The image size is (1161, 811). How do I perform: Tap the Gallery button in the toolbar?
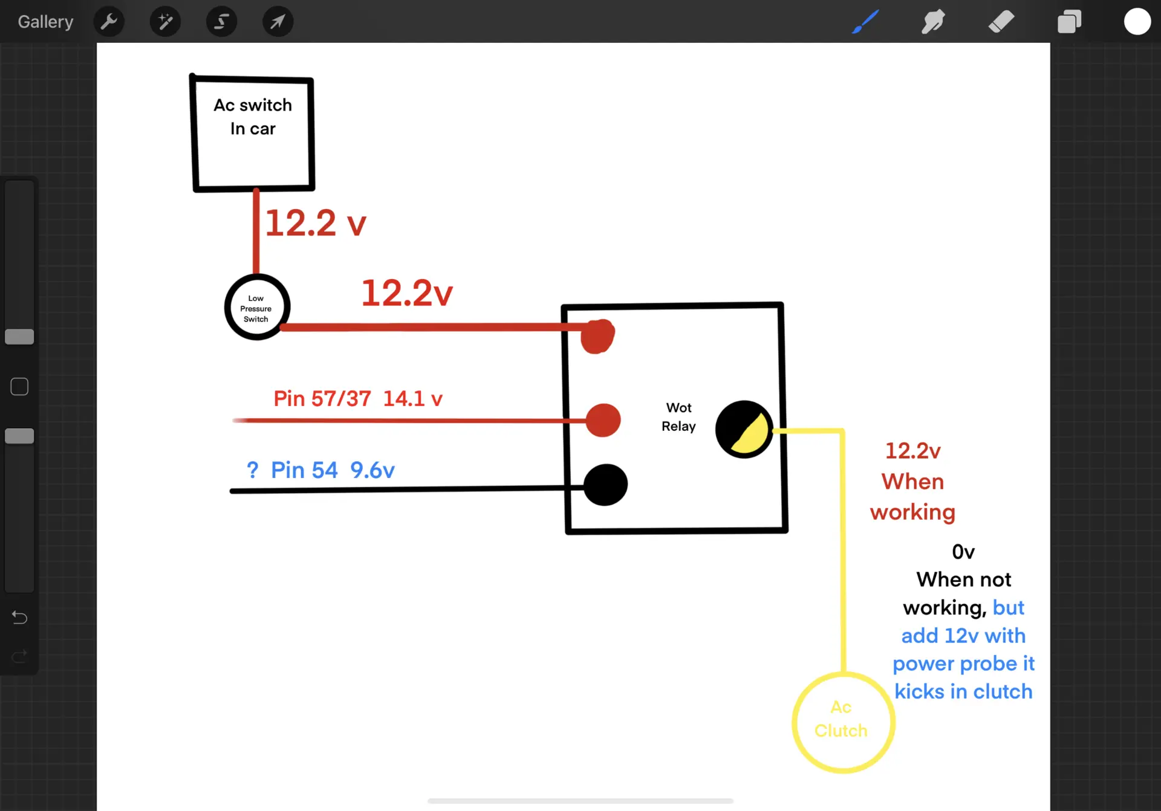(x=45, y=22)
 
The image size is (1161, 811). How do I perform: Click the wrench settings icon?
(x=109, y=22)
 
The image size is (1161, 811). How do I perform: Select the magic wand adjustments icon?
(x=165, y=22)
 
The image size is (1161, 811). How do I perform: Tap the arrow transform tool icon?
(x=278, y=22)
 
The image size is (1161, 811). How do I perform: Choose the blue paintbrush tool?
(x=865, y=22)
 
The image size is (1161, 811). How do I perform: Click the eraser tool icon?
(x=1001, y=22)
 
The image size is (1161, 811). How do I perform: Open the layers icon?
(x=1069, y=22)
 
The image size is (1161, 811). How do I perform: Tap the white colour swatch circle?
(x=1137, y=22)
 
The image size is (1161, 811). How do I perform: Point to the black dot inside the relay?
(x=605, y=485)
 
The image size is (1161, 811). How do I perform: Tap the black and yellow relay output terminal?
(x=744, y=430)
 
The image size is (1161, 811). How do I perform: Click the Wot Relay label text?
(x=678, y=417)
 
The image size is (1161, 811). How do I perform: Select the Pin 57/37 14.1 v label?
(x=358, y=399)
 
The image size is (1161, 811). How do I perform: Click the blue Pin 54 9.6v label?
(x=333, y=470)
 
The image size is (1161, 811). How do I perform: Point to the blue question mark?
(x=252, y=470)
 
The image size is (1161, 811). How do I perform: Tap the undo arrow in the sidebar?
(x=19, y=618)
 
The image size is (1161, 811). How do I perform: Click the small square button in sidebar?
(x=19, y=387)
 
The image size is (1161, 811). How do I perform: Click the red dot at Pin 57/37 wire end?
(x=603, y=420)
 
